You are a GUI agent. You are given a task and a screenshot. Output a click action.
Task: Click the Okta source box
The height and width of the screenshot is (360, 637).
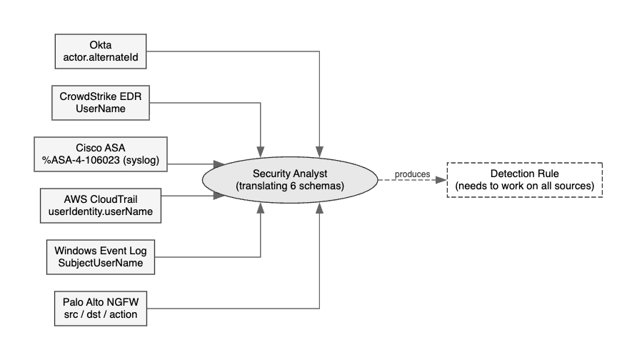101,51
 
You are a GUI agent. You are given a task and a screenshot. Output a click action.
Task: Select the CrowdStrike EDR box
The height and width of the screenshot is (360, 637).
101,102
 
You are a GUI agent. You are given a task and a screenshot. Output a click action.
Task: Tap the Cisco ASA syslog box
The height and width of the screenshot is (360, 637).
101,154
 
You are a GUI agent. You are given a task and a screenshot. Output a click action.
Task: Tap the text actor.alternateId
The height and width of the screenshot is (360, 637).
101,58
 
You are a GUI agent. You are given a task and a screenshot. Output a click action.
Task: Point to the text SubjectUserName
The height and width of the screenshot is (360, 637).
101,264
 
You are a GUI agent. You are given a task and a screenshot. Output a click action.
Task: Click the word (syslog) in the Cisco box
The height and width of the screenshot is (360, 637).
142,161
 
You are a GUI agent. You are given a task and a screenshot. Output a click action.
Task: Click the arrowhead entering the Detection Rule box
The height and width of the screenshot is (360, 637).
443,180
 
